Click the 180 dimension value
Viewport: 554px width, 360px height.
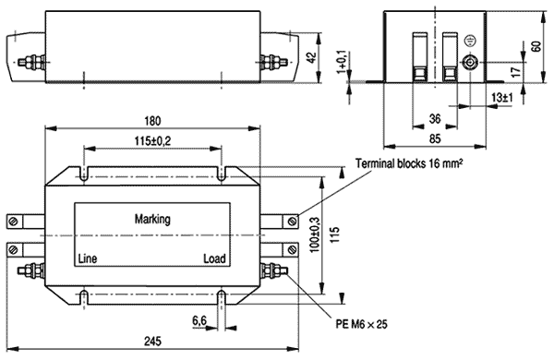click(152, 121)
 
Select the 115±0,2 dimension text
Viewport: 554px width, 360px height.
click(152, 141)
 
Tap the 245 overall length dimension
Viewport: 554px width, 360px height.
click(152, 342)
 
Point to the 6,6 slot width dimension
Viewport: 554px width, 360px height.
click(199, 321)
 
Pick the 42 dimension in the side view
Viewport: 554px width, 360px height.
click(311, 57)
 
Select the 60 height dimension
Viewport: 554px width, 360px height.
click(536, 46)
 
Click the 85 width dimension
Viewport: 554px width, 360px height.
click(435, 138)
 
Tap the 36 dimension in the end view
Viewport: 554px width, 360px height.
click(435, 119)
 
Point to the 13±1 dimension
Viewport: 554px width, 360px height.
click(502, 97)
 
